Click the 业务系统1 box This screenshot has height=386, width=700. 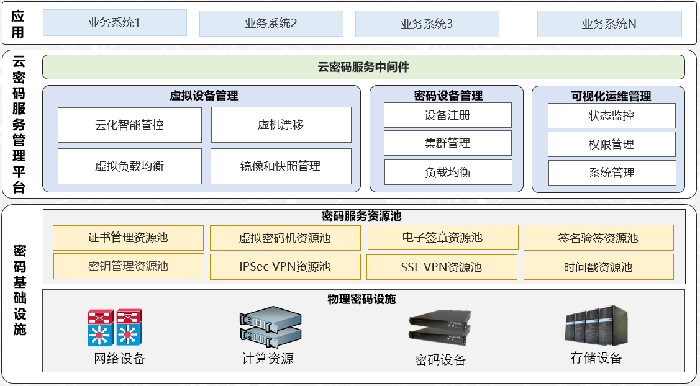pyautogui.click(x=114, y=23)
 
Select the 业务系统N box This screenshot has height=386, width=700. pyautogui.click(x=609, y=24)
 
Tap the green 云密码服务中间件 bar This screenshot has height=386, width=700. pyautogui.click(x=363, y=67)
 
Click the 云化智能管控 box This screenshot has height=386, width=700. pyautogui.click(x=129, y=125)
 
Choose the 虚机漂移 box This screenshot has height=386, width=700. pyautogui.click(x=281, y=125)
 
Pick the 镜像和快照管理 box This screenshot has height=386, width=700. pyautogui.click(x=281, y=166)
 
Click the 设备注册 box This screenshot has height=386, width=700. pyautogui.click(x=447, y=115)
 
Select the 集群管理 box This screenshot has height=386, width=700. pyautogui.click(x=447, y=143)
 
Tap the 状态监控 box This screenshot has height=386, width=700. pyautogui.click(x=611, y=116)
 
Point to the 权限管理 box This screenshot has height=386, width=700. pyautogui.click(x=611, y=145)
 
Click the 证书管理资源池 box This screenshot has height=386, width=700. pyautogui.click(x=128, y=238)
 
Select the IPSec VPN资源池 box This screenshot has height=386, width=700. pyautogui.click(x=285, y=267)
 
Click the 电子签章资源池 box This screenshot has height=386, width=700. pyautogui.click(x=442, y=238)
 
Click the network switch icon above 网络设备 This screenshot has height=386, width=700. pyautogui.click(x=115, y=327)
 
